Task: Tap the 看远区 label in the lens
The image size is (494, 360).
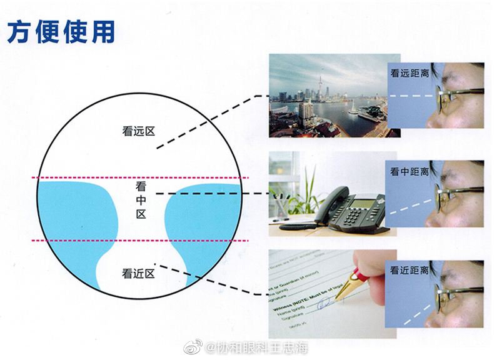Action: click(138, 131)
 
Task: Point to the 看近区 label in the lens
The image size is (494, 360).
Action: click(138, 273)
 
